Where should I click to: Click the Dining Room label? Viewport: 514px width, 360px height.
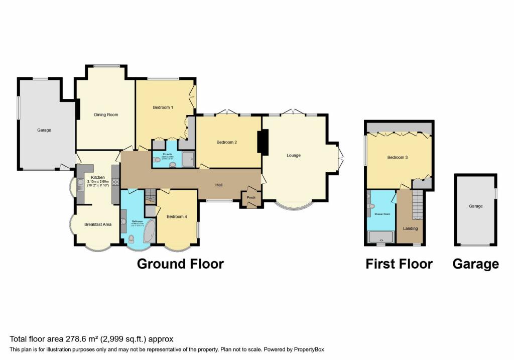click(x=106, y=115)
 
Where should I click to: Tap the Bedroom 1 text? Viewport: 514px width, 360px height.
click(x=163, y=107)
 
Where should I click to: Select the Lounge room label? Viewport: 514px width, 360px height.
click(x=294, y=156)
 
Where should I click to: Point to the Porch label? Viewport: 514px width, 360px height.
click(x=251, y=197)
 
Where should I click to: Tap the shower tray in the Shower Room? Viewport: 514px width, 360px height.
click(x=382, y=236)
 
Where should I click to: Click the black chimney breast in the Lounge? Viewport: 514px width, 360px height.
click(x=263, y=141)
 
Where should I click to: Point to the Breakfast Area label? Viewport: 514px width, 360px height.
click(x=98, y=224)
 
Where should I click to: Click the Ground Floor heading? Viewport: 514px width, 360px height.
click(x=180, y=264)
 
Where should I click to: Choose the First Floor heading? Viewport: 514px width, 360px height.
click(x=399, y=264)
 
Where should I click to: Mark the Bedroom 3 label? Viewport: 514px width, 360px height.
click(x=397, y=158)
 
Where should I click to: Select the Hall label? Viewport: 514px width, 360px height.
click(x=219, y=185)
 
